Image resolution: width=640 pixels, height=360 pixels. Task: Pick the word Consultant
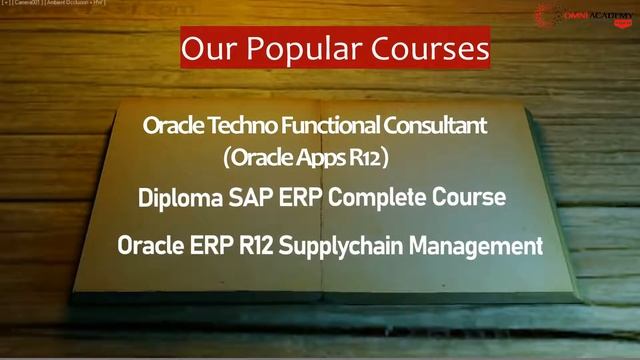(x=435, y=126)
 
